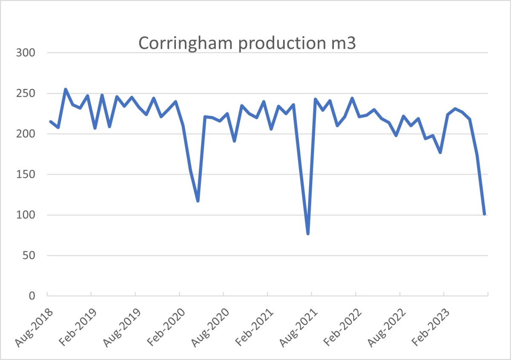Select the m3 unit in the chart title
[x=343, y=44]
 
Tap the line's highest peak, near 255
[x=65, y=89]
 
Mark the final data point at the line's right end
[x=485, y=214]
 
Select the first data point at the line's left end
[x=51, y=122]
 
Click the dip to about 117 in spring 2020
[x=198, y=200]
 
